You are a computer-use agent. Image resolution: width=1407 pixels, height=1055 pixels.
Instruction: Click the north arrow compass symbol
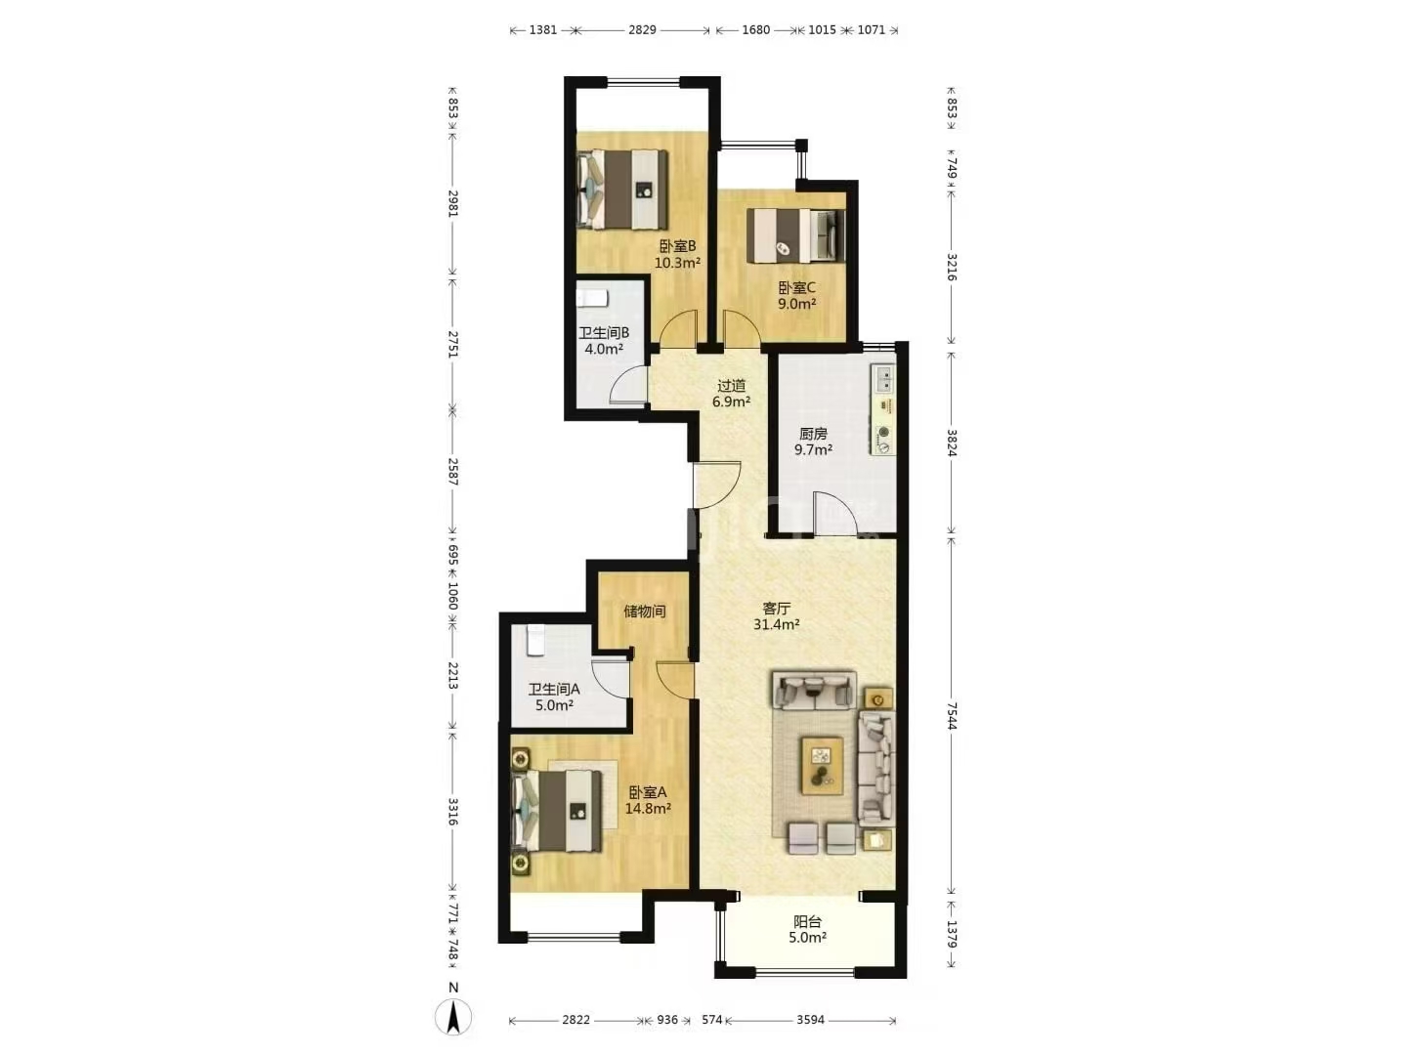pyautogui.click(x=453, y=1017)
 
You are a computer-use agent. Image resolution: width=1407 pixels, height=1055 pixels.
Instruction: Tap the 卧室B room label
pyautogui.click(x=677, y=246)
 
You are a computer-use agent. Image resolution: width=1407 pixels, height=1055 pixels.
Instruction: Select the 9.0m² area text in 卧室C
pyautogui.click(x=796, y=304)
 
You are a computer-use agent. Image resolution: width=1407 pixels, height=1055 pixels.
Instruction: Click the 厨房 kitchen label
pyautogui.click(x=813, y=434)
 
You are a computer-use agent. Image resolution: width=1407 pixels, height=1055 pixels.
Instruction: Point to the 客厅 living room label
pyautogui.click(x=776, y=608)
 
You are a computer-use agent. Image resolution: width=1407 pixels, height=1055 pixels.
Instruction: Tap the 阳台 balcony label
pyautogui.click(x=807, y=922)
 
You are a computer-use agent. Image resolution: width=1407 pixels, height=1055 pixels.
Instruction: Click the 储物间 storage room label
pyautogui.click(x=644, y=612)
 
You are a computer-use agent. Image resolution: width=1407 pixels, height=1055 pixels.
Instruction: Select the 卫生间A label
pyautogui.click(x=554, y=690)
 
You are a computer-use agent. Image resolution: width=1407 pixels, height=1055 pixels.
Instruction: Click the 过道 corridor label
pyautogui.click(x=732, y=386)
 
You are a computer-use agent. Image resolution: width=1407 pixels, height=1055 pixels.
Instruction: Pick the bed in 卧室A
pyautogui.click(x=558, y=812)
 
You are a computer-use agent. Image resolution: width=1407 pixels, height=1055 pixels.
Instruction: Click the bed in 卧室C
pyautogui.click(x=795, y=235)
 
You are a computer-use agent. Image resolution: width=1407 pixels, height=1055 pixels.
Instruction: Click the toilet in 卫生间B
pyautogui.click(x=592, y=299)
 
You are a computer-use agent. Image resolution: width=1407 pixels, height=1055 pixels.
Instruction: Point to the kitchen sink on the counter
pyautogui.click(x=883, y=378)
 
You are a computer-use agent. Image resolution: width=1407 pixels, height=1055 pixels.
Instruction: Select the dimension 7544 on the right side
pyautogui.click(x=952, y=715)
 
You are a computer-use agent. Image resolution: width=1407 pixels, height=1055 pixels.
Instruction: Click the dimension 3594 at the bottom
pyautogui.click(x=810, y=1020)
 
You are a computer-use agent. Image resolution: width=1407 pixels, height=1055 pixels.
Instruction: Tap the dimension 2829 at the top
pyautogui.click(x=642, y=30)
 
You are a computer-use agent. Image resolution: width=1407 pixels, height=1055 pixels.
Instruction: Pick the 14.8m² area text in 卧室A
pyautogui.click(x=648, y=809)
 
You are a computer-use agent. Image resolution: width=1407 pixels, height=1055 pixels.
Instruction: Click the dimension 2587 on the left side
pyautogui.click(x=453, y=472)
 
